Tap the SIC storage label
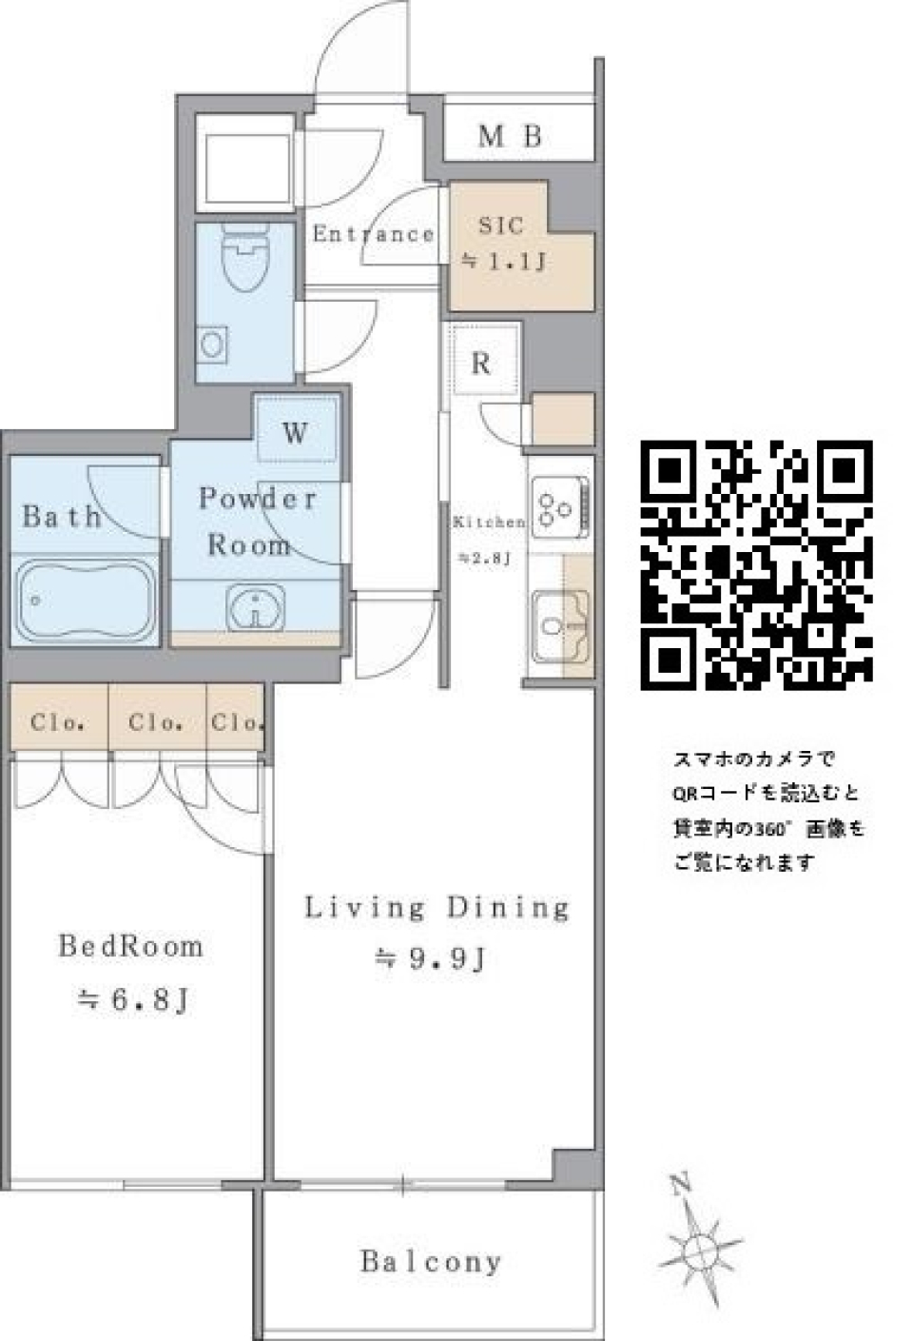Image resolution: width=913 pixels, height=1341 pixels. click(x=501, y=227)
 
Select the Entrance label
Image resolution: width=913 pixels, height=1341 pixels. click(x=373, y=234)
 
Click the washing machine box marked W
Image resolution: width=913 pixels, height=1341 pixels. click(x=296, y=432)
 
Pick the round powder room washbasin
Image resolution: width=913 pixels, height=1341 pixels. click(x=255, y=606)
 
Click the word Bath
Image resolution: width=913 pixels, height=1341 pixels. click(x=61, y=517)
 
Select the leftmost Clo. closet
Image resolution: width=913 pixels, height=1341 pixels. click(x=58, y=722)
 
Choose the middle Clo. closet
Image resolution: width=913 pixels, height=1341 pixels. click(x=156, y=722)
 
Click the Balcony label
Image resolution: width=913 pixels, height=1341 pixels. click(x=430, y=1262)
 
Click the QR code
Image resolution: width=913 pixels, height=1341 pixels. click(x=757, y=563)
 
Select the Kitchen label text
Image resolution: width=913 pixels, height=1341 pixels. click(x=487, y=523)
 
